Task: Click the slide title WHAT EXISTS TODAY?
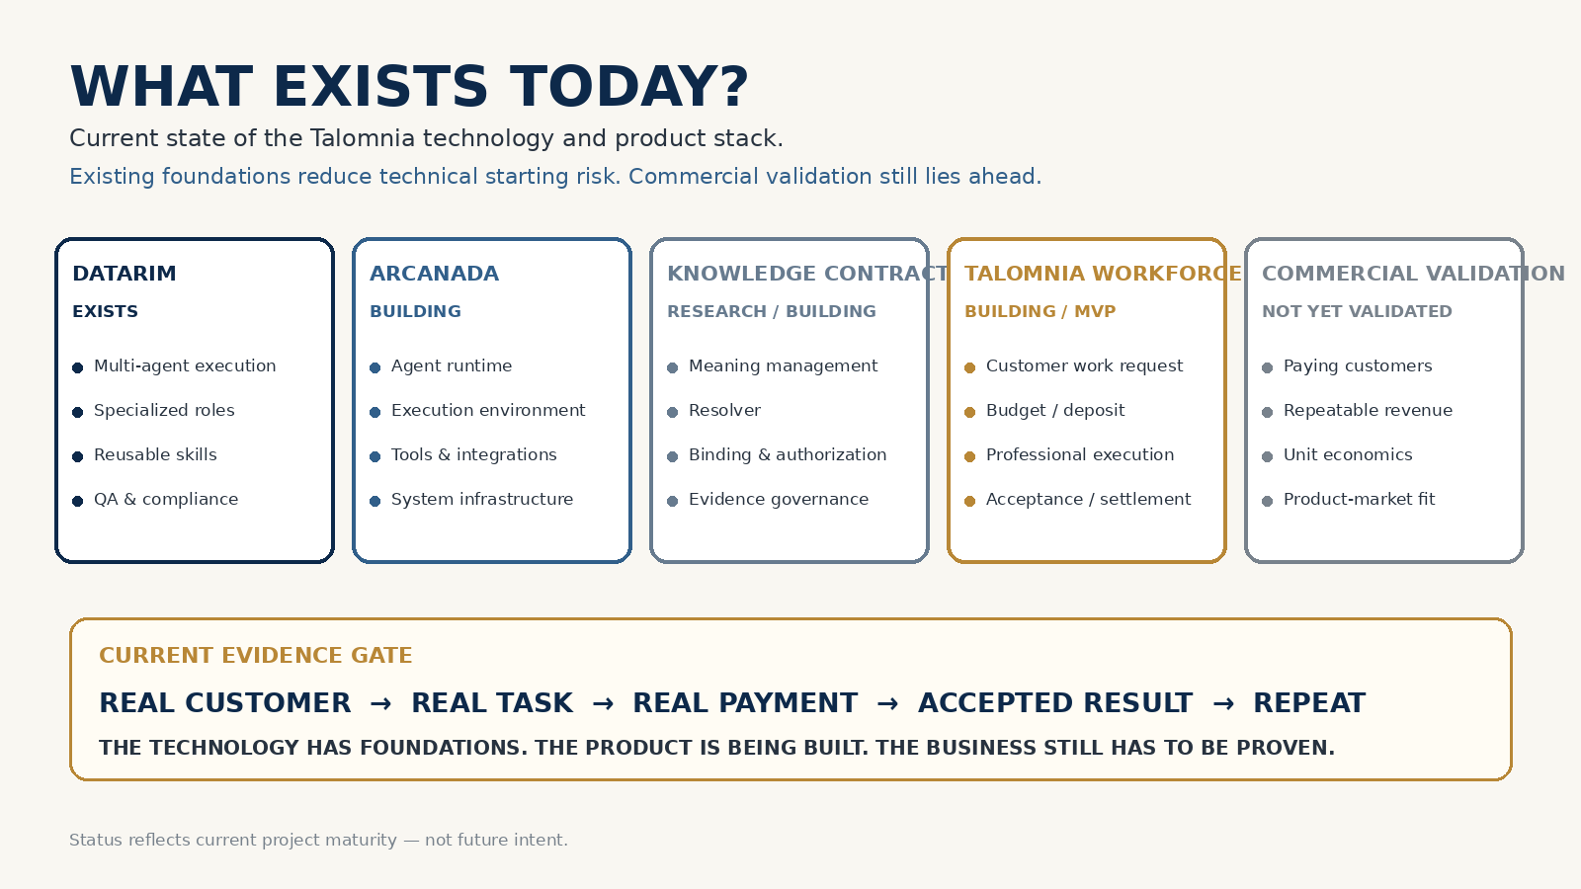409,88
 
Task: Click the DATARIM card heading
125,274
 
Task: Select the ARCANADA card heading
434,274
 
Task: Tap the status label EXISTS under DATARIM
105,312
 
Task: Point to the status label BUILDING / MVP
1040,312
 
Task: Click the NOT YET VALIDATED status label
1357,312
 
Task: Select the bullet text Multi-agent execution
185,366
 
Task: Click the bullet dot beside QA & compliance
78,501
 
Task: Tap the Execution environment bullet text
488,411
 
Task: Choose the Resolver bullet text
725,411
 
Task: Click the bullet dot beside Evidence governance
673,501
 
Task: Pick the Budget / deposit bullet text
1055,411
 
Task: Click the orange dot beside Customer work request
969,367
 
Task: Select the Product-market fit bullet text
1360,500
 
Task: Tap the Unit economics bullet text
1348,455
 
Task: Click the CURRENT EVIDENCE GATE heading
256,656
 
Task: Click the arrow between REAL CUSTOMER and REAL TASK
381,703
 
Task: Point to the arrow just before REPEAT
1223,703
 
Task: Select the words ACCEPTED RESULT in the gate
1055,703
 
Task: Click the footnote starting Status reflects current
318,841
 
